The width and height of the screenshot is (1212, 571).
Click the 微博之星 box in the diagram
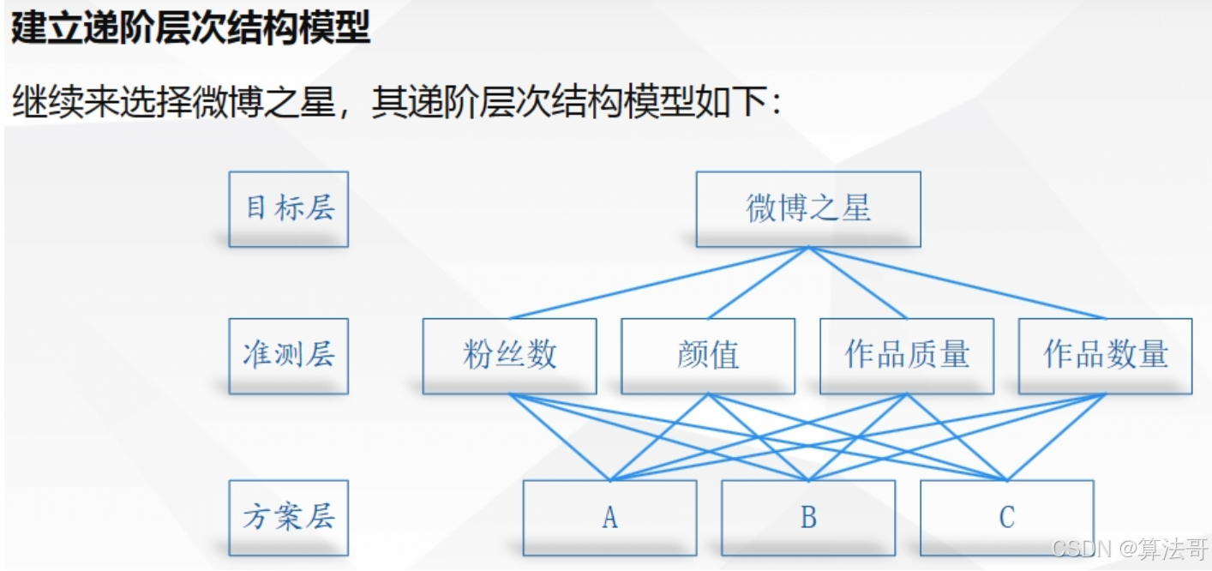coord(808,209)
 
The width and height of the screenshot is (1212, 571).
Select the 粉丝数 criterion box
coord(509,356)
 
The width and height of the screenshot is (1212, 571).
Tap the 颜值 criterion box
coord(708,356)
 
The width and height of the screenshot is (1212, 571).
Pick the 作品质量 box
coord(907,356)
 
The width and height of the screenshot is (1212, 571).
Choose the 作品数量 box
coord(1105,356)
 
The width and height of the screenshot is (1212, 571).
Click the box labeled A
coord(609,518)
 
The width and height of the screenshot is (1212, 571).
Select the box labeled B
coord(808,518)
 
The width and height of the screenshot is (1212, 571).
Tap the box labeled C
coord(1006,518)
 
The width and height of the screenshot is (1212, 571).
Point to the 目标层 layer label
coord(288,209)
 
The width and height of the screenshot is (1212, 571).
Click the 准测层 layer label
coord(288,356)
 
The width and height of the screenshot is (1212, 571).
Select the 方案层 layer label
coord(288,518)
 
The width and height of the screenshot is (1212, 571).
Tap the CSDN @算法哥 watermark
coord(1129,549)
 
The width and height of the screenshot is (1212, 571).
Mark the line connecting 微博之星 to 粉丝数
coord(658,283)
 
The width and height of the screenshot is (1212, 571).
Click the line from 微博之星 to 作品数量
coord(957,283)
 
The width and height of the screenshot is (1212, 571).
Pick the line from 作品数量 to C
coord(1056,437)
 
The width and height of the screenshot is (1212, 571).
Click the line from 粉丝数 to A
coord(559,437)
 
